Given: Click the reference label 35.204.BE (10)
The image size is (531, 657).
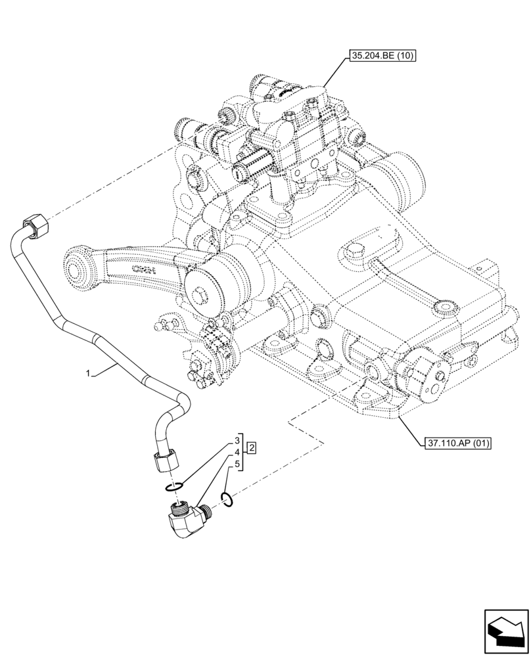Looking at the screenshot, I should (382, 57).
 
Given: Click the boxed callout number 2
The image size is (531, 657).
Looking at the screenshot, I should (251, 449).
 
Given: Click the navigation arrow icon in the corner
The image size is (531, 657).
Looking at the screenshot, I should (505, 631).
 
